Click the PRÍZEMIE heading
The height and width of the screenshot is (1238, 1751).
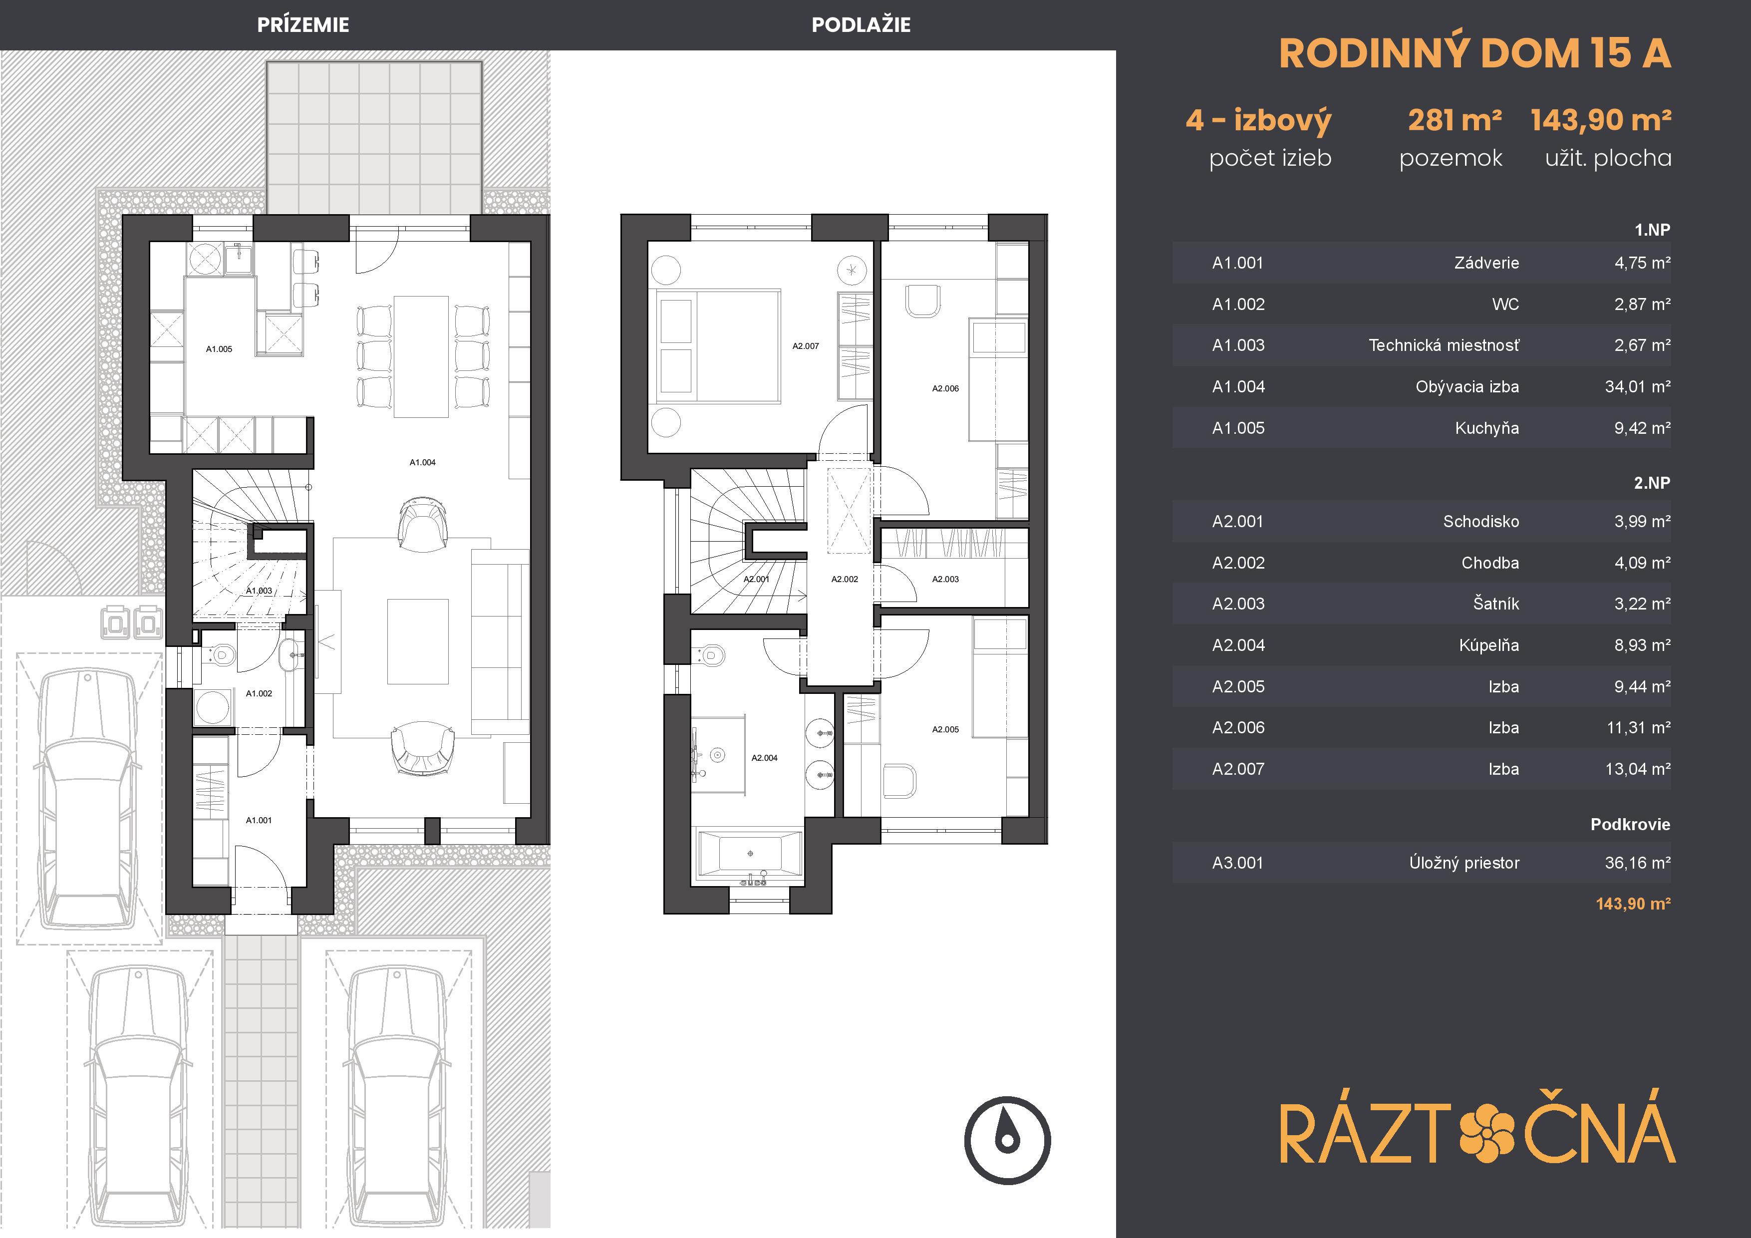[x=303, y=25]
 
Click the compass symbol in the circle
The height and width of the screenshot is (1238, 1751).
[x=1007, y=1140]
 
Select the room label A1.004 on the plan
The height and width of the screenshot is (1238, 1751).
[x=422, y=462]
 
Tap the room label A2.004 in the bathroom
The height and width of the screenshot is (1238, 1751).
[x=764, y=758]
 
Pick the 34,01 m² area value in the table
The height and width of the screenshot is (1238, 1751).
[x=1637, y=387]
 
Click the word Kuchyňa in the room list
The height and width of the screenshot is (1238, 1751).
[x=1486, y=428]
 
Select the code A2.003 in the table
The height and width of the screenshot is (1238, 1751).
[x=1238, y=604]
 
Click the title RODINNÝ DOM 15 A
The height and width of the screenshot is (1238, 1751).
[x=1475, y=53]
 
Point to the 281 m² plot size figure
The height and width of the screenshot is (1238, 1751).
[x=1455, y=120]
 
